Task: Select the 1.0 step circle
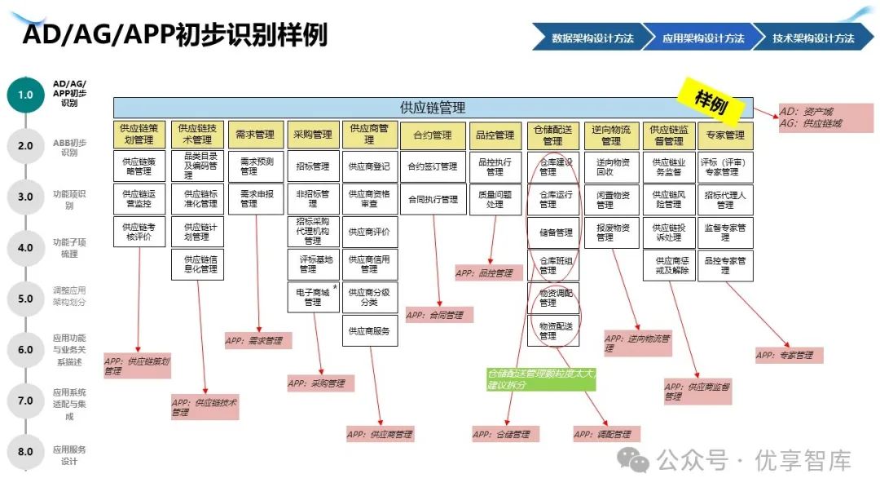pos(25,95)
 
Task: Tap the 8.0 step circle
pos(25,451)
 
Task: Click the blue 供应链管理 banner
pos(433,108)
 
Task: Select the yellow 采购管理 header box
pos(312,135)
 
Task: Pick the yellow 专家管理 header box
pos(724,135)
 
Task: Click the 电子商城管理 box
pos(312,297)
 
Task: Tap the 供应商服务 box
pos(369,331)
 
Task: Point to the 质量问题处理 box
pos(495,199)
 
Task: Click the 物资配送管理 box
pos(553,330)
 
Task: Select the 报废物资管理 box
pos(612,232)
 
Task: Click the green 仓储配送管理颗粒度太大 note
pos(541,379)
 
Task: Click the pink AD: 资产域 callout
pos(825,117)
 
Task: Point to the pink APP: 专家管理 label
pos(788,355)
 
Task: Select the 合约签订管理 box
pos(433,166)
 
